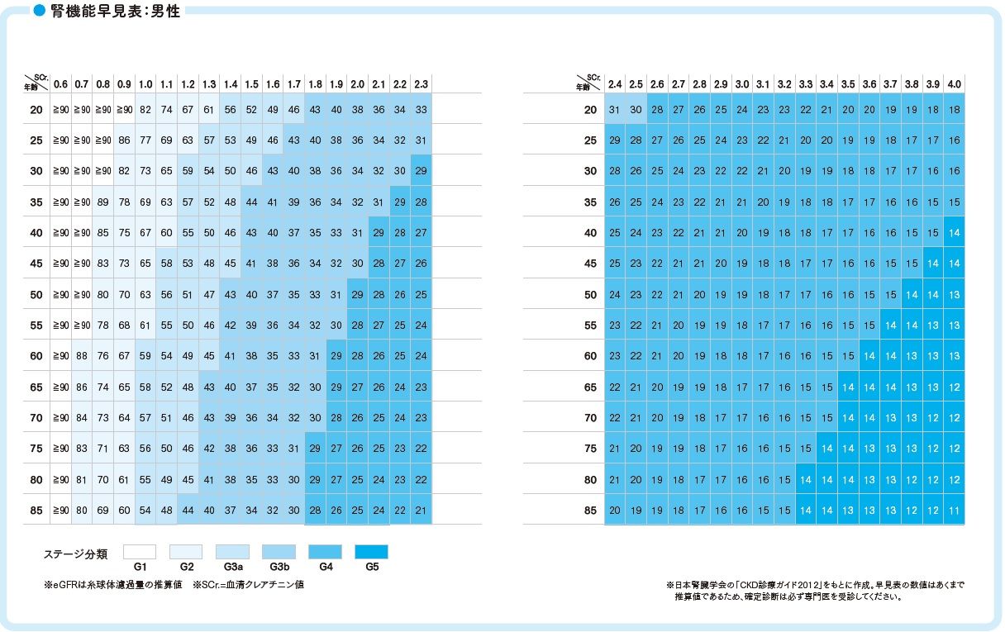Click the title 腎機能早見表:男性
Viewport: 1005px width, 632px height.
(x=115, y=12)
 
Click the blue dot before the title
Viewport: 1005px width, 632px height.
(x=38, y=12)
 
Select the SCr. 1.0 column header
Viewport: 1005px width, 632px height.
(x=145, y=84)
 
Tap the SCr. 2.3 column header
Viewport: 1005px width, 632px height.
(x=421, y=84)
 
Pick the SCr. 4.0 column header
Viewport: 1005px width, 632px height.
(x=954, y=84)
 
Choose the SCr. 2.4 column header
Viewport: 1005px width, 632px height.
(x=615, y=84)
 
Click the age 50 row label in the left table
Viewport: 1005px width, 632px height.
(x=36, y=295)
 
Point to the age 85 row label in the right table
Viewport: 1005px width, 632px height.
(x=590, y=511)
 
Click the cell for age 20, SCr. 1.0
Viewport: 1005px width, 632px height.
(x=145, y=110)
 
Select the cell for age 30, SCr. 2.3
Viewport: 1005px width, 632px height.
(x=421, y=171)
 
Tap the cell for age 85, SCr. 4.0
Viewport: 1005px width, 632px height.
(x=954, y=511)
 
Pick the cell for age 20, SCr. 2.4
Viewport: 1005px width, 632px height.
(x=615, y=110)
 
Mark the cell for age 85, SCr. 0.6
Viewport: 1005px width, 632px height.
(x=60, y=511)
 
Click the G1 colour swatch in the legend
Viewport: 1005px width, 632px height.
(x=139, y=552)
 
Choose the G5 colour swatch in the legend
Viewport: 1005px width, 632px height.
(x=371, y=552)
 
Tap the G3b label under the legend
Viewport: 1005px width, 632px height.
(x=279, y=568)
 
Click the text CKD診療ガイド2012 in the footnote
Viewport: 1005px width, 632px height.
(x=761, y=585)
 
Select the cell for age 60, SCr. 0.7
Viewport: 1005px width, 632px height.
(x=81, y=356)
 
